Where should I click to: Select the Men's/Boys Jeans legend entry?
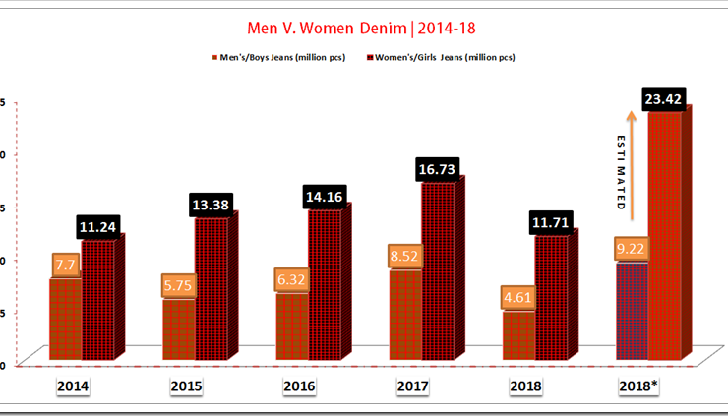coord(277,57)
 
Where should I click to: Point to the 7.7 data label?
coord(66,266)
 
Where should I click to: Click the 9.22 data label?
coord(633,250)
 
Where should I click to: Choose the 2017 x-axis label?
coord(412,386)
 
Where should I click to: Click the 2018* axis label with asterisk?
coord(638,386)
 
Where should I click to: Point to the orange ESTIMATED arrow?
coord(633,167)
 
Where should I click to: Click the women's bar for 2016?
coord(324,285)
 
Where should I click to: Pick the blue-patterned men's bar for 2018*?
coord(632,310)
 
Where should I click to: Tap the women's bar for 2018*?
coord(664,236)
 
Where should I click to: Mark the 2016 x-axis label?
coord(299,386)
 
